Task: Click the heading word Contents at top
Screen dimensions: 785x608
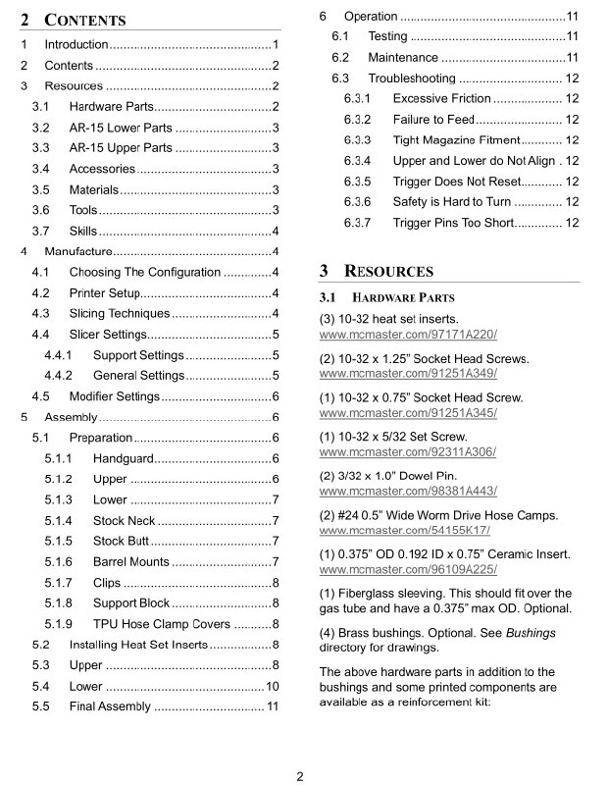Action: coord(84,20)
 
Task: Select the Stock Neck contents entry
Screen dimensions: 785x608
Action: coord(124,520)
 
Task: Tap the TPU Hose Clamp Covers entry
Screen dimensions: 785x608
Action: coord(161,624)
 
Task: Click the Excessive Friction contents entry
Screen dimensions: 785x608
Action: coord(441,98)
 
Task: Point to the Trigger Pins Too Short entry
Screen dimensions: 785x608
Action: coord(453,223)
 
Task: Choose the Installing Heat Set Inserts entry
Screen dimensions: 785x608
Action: coord(138,645)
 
